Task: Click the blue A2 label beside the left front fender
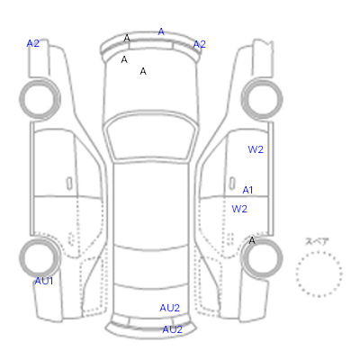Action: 33,43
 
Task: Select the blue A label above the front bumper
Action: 161,31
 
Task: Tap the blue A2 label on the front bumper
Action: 200,44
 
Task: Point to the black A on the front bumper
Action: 127,38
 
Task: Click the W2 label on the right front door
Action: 256,149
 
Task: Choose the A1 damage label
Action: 247,190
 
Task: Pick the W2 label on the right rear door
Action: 239,209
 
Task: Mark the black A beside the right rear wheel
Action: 252,240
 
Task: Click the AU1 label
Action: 44,281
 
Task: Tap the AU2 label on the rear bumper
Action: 173,329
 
